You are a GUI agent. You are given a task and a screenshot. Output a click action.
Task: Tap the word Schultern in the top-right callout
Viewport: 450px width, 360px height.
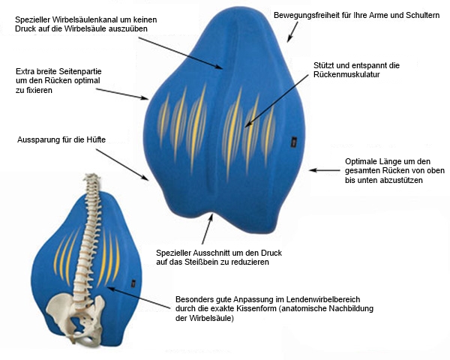(x=420, y=15)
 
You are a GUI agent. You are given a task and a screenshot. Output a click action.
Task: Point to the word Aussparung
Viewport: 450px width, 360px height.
(x=40, y=140)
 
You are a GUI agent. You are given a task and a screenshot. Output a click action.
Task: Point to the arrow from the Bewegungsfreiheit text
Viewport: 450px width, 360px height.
(x=292, y=31)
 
